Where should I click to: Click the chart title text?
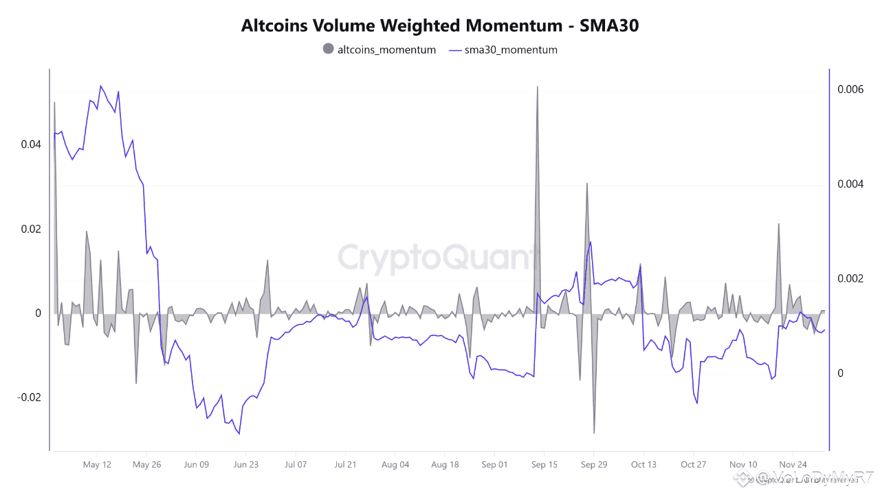(x=440, y=25)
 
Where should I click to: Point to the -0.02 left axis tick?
(x=30, y=397)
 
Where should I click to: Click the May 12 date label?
(x=97, y=465)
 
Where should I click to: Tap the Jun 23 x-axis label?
(x=245, y=465)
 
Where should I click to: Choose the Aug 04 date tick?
(x=395, y=465)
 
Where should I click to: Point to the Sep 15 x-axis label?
(x=544, y=465)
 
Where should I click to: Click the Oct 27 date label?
(x=693, y=465)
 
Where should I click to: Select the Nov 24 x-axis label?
(x=793, y=465)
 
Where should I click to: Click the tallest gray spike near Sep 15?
(x=538, y=87)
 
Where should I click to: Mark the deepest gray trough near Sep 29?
(x=594, y=432)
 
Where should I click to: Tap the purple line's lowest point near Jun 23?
(x=239, y=433)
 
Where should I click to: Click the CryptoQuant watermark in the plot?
(x=437, y=258)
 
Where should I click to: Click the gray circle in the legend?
(x=328, y=49)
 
